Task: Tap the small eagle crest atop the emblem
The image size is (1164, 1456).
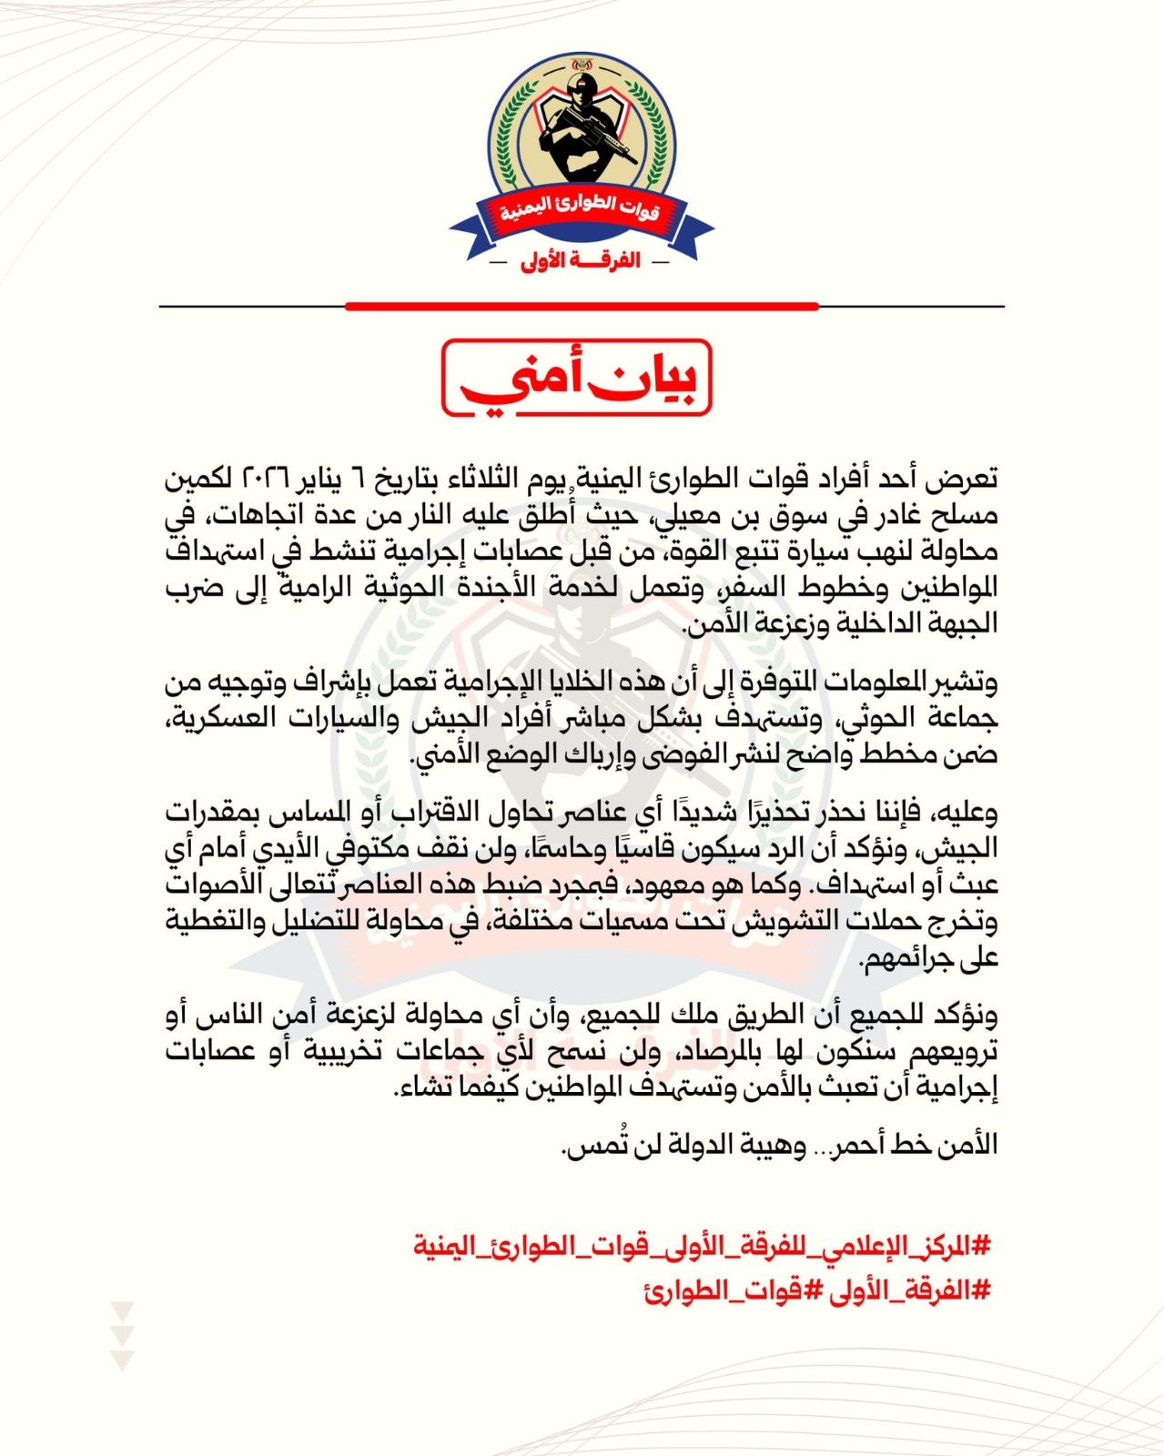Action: click(581, 67)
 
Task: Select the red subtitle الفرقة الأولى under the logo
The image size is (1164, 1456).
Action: click(581, 261)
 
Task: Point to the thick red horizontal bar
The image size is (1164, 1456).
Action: click(582, 307)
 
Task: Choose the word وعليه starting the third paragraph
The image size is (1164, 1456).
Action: click(964, 810)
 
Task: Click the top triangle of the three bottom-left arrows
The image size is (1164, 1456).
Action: click(122, 1310)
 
